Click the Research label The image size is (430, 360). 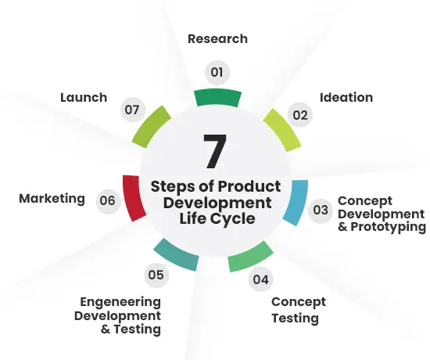(218, 39)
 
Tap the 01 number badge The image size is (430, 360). (217, 73)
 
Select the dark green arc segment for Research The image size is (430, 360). (218, 97)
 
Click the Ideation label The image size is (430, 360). (346, 98)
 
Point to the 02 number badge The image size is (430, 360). (300, 115)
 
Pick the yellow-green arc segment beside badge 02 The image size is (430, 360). (282, 130)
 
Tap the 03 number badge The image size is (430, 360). (321, 211)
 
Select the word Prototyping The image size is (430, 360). (389, 227)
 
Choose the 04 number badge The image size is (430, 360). (261, 279)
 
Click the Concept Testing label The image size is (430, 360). (299, 310)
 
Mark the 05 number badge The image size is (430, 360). (156, 275)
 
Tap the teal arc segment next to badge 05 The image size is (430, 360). (177, 255)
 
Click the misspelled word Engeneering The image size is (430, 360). (120, 302)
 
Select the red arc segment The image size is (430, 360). (133, 198)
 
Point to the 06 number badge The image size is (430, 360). (108, 200)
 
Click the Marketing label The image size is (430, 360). (52, 199)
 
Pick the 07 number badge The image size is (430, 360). (132, 110)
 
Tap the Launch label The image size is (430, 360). (84, 98)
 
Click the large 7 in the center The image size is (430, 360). (215, 151)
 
